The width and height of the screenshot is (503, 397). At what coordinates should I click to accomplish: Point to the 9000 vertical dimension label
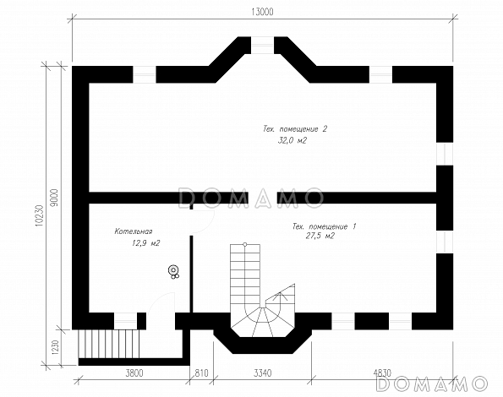coord(54,197)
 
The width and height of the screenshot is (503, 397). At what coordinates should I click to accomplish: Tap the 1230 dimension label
coord(54,347)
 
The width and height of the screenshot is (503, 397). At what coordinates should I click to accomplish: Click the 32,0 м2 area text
coord(292,141)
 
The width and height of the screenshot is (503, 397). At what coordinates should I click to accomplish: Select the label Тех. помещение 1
coord(324,226)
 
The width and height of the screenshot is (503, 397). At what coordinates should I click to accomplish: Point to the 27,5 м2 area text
coord(321,237)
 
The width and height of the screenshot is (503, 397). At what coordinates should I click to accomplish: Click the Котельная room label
coord(133,231)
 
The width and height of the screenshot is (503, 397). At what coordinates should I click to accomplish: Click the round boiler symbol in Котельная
coord(173,271)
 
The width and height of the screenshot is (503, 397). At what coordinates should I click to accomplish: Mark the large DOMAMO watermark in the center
coord(251,198)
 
